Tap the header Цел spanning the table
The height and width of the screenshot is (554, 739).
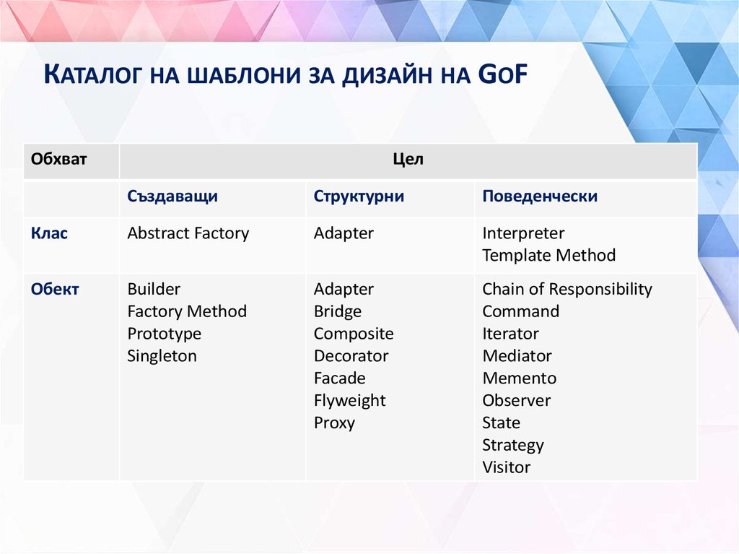point(408,160)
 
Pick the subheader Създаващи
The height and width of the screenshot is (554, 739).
point(172,196)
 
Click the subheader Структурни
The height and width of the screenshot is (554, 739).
point(359,196)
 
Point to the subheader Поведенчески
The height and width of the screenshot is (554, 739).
point(540,196)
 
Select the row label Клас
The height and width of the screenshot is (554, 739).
point(49,233)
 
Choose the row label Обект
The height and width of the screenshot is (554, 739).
point(55,289)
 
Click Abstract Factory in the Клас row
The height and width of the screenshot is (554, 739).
point(188,233)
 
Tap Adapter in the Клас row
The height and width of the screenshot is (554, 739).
point(344,233)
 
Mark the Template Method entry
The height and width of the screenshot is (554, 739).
point(548,256)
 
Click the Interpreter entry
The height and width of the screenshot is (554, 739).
point(523,233)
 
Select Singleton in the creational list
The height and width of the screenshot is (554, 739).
point(162,356)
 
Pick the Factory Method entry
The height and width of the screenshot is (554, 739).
point(187,311)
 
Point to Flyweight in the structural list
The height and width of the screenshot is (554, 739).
point(349,401)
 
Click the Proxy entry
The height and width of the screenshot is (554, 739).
point(334,423)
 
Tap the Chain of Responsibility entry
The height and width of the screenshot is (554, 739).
point(567,289)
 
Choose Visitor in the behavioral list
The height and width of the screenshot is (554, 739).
point(506,467)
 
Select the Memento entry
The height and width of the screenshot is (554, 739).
point(519,378)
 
